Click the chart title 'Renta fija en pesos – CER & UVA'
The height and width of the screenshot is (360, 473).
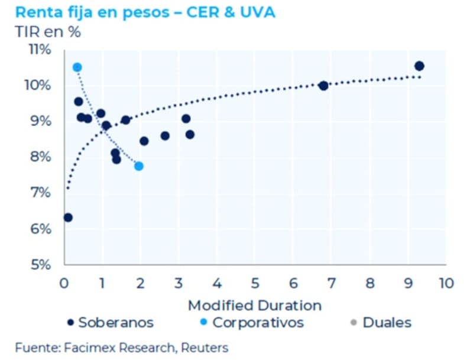(145, 12)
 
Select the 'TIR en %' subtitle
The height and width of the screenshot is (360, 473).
(48, 33)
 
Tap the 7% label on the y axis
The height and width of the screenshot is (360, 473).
(41, 193)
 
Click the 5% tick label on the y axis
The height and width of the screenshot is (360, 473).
(41, 264)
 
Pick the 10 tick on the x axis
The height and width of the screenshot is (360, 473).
(445, 282)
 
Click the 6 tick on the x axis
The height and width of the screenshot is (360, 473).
(293, 282)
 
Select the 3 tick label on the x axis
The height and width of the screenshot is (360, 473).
(179, 282)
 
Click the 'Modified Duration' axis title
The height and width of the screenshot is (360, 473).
(255, 305)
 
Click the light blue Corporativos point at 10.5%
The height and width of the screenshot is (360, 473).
(77, 67)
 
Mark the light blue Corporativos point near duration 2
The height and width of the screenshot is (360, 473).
(139, 166)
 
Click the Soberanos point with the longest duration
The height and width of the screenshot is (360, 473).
(419, 66)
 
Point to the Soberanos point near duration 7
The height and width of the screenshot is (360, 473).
(323, 86)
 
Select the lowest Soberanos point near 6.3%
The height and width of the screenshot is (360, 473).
(68, 218)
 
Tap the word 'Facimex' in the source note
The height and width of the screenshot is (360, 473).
(76, 348)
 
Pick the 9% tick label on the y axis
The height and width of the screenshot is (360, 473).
(41, 121)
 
